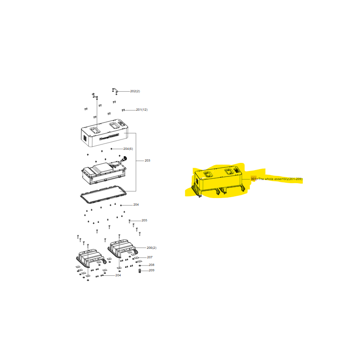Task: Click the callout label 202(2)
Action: [x=135, y=91]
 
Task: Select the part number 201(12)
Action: [x=142, y=110]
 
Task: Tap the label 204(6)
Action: [x=128, y=149]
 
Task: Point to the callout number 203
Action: [x=147, y=161]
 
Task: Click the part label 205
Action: [x=144, y=220]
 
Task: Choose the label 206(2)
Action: [x=152, y=248]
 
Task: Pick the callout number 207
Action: [x=149, y=257]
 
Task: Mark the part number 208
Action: [x=151, y=265]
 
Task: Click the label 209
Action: [x=151, y=270]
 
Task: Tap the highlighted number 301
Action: [x=253, y=179]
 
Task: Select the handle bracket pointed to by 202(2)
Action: [x=115, y=91]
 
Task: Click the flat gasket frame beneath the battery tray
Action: [x=103, y=194]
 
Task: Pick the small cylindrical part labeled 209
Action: [x=139, y=270]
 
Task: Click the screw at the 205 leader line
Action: [x=130, y=221]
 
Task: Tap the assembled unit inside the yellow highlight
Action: [x=218, y=180]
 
